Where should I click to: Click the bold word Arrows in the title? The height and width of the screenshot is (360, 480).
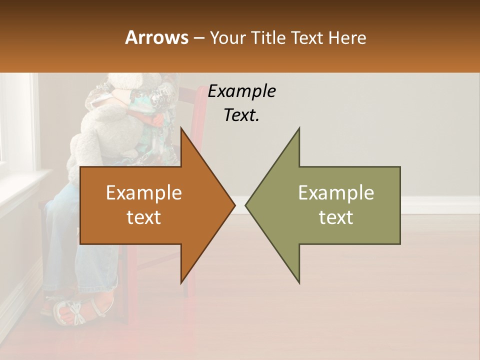156,37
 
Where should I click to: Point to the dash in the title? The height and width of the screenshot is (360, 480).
198,38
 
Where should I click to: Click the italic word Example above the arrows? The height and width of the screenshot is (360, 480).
241,91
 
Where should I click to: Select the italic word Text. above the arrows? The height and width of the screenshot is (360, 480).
241,115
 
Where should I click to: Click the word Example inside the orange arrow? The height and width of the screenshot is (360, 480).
144,193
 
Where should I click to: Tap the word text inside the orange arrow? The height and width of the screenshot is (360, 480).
144,217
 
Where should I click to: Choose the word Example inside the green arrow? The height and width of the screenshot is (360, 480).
336,193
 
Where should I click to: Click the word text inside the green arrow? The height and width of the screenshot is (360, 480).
336,217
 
